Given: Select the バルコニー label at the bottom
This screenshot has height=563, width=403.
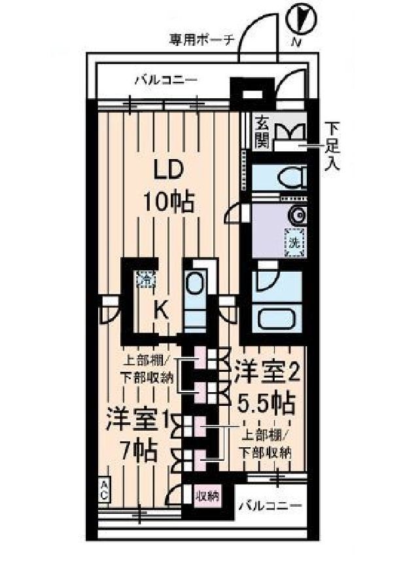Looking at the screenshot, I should (270, 506).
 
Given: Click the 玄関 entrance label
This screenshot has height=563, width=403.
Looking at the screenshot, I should (262, 131).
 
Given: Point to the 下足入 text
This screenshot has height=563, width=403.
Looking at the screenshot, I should (333, 145).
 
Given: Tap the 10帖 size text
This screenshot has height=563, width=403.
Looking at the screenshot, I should (169, 202).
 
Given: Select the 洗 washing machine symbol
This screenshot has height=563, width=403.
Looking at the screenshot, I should (294, 242).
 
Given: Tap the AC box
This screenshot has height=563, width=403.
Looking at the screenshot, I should (104, 490).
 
